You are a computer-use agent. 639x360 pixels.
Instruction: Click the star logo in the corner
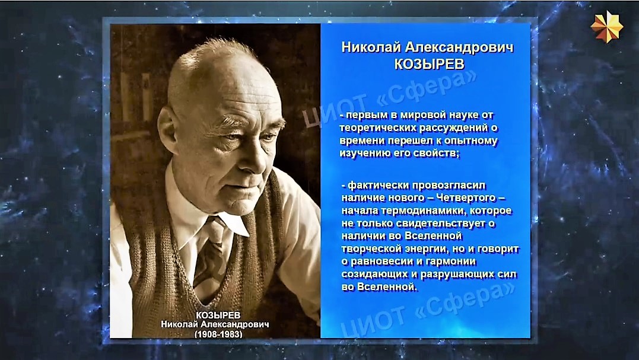(607, 27)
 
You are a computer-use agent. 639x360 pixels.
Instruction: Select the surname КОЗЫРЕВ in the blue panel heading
(429, 64)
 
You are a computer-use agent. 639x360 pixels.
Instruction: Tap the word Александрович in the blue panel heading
(459, 47)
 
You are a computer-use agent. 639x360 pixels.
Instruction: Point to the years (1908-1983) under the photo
(218, 334)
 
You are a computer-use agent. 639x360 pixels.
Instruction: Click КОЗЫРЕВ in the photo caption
(218, 315)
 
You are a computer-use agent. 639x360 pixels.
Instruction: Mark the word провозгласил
(449, 185)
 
